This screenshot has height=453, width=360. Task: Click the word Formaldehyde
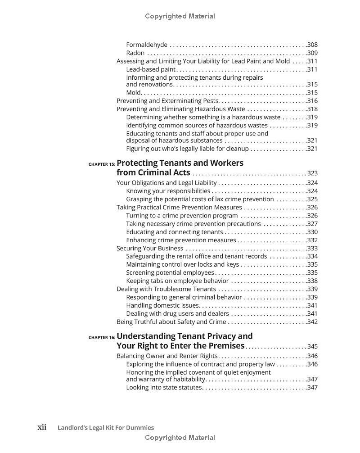point(147,45)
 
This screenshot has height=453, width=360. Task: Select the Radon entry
point(135,53)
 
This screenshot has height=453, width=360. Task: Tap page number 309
point(312,53)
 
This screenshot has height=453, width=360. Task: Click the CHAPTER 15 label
point(102,164)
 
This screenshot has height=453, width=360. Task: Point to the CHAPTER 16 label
point(102,337)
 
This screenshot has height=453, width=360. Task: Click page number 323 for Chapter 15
point(312,173)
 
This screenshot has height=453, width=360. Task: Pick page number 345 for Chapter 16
point(312,346)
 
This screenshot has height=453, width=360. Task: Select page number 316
point(312,101)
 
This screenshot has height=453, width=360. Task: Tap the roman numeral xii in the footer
point(41,427)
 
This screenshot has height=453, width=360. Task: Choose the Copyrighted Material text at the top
point(180,16)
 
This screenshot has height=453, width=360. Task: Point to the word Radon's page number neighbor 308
point(312,45)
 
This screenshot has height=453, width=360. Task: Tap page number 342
point(312,322)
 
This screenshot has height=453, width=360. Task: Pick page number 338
point(312,281)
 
